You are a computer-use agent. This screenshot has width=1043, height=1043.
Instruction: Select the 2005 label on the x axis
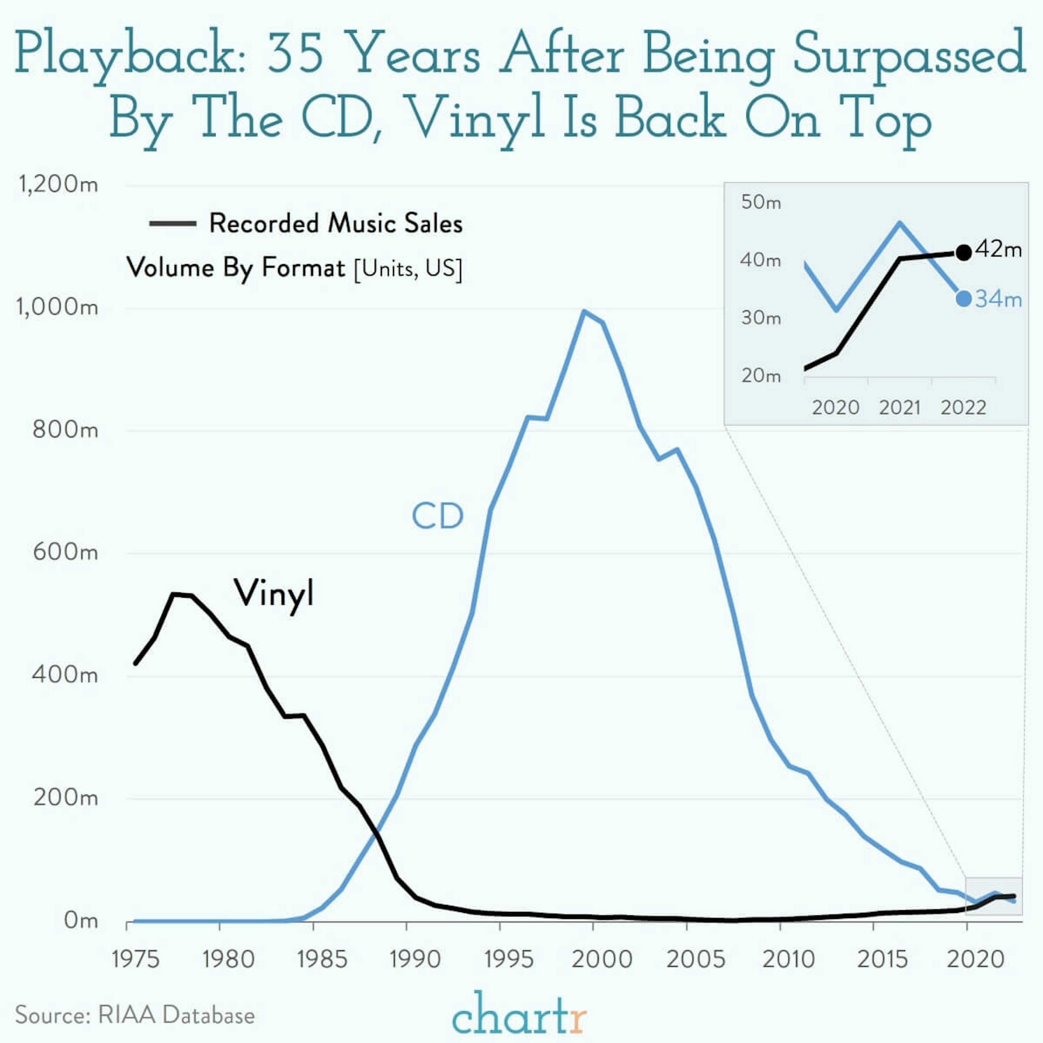coord(695,959)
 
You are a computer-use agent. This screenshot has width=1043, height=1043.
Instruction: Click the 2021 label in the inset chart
coord(899,407)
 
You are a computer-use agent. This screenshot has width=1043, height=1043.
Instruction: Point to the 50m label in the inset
coord(761,202)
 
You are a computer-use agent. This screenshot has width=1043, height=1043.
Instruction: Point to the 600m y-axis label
coord(65,552)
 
